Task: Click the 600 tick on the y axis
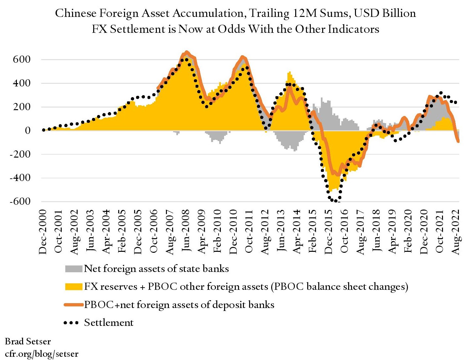22,59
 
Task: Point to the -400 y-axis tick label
20,178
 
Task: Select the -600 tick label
20,201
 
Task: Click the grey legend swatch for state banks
74,269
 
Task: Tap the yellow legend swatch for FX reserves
74,287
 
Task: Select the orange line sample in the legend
74,305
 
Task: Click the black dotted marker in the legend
71,323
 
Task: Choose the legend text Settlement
109,323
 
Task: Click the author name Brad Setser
28,341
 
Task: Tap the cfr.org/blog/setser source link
42,354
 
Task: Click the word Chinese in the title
76,13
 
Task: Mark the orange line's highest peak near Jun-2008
186,52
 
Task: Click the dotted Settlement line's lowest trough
335,201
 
